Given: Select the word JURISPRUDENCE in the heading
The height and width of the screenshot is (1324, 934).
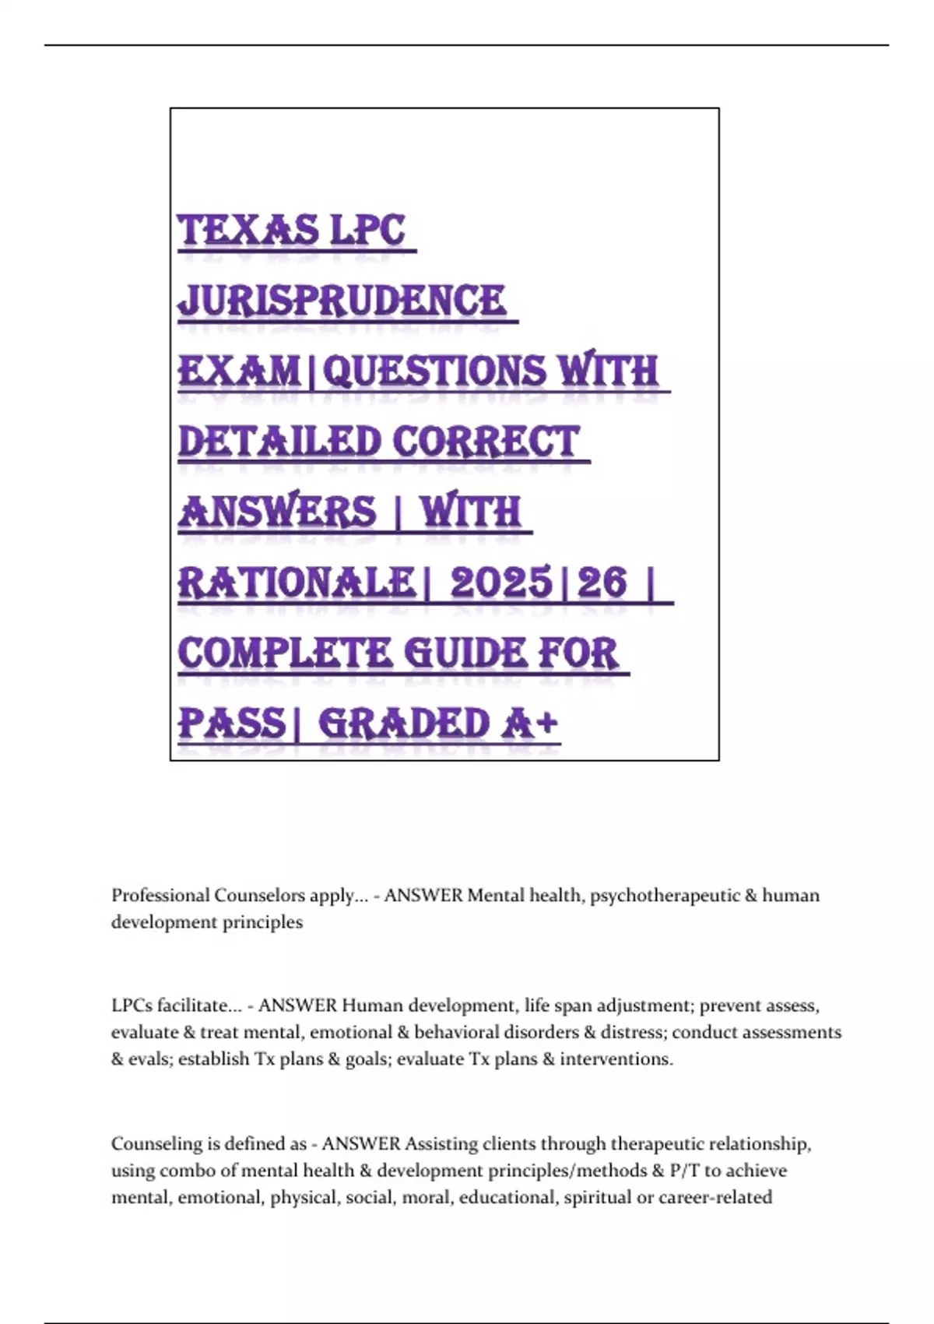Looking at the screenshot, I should click(x=342, y=301).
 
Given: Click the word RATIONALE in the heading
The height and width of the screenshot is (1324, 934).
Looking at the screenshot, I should click(x=296, y=582).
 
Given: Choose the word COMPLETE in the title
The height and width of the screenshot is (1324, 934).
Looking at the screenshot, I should click(x=285, y=653).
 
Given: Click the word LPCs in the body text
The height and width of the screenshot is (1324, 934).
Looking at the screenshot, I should click(x=132, y=1005).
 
